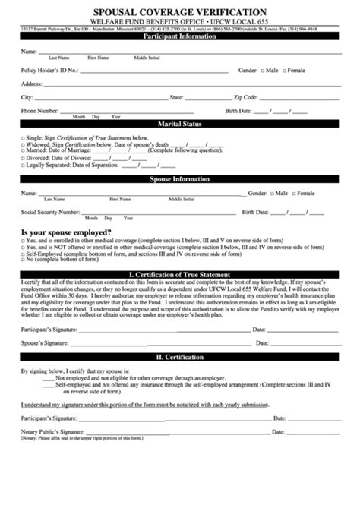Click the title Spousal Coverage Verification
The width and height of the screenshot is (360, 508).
coord(180,12)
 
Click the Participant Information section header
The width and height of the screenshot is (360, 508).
coord(180,36)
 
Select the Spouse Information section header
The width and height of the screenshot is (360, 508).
coord(180,179)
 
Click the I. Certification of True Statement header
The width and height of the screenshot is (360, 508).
coord(180,273)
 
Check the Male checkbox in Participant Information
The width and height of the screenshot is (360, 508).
coord(263,70)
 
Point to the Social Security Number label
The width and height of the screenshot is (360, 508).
coord(50,213)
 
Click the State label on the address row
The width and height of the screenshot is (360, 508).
coord(177,98)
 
